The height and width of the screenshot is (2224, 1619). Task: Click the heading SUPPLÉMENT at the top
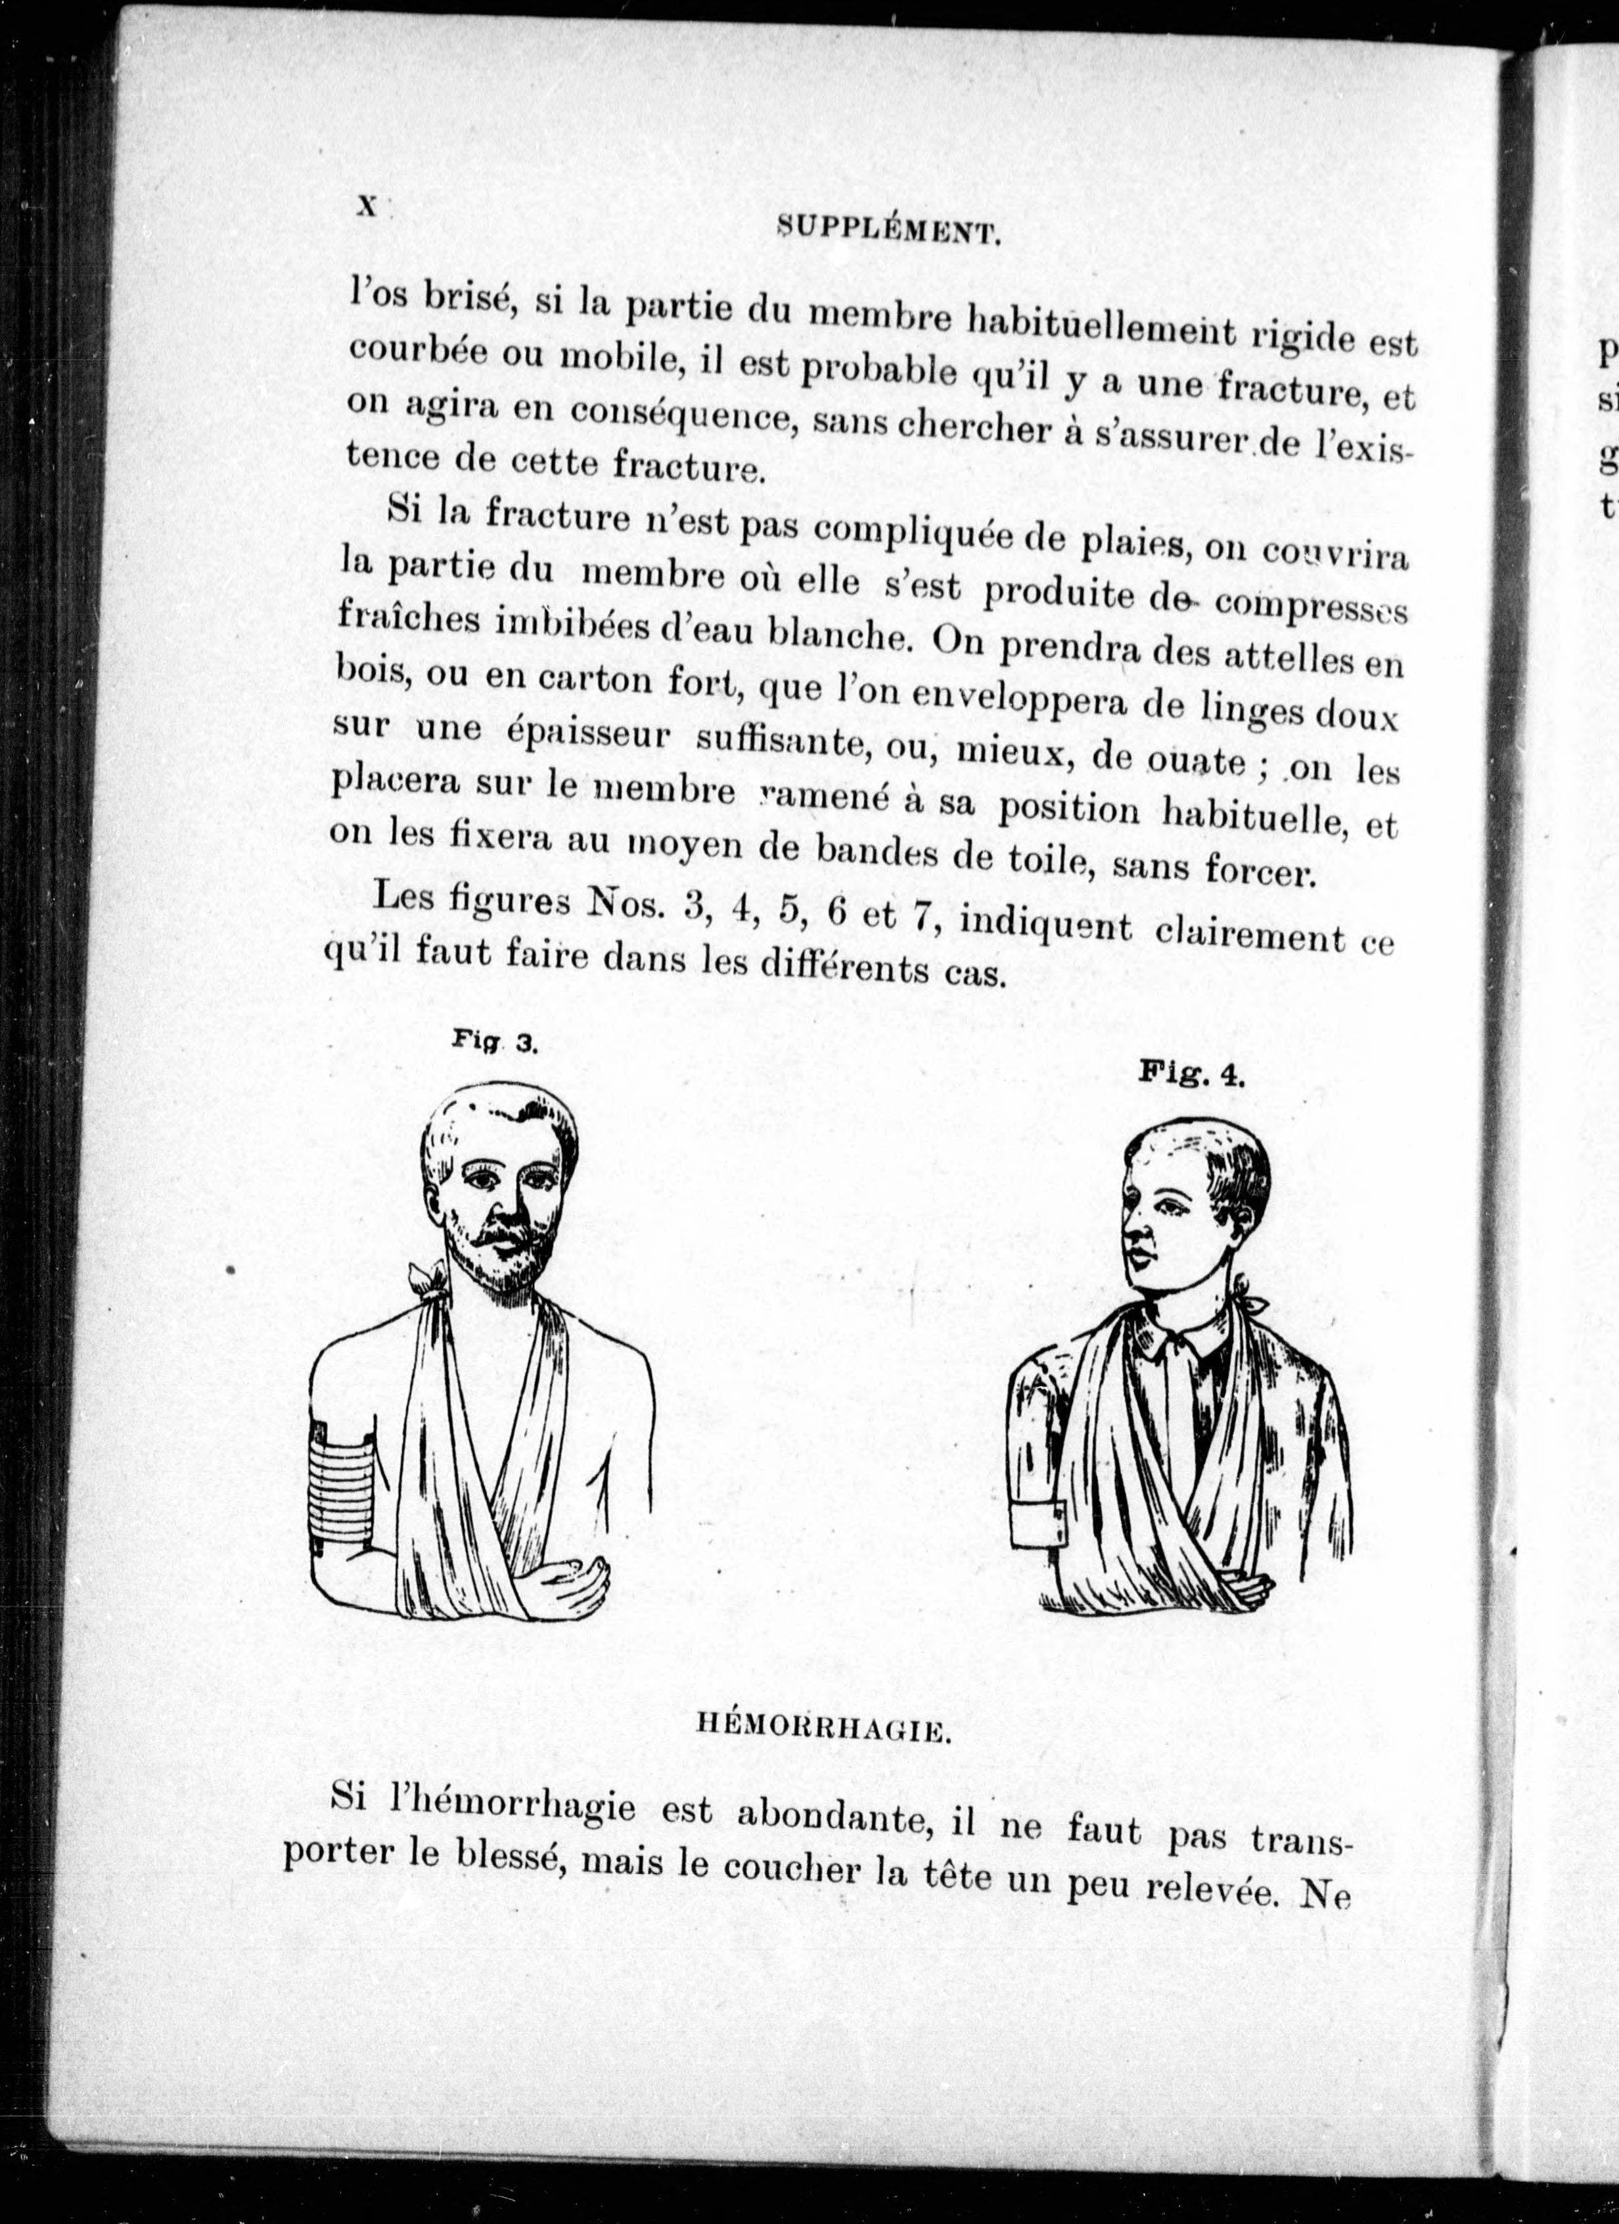click(x=888, y=231)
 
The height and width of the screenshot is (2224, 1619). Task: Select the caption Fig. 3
click(x=495, y=1044)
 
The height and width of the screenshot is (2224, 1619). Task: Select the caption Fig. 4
click(x=1191, y=1074)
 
